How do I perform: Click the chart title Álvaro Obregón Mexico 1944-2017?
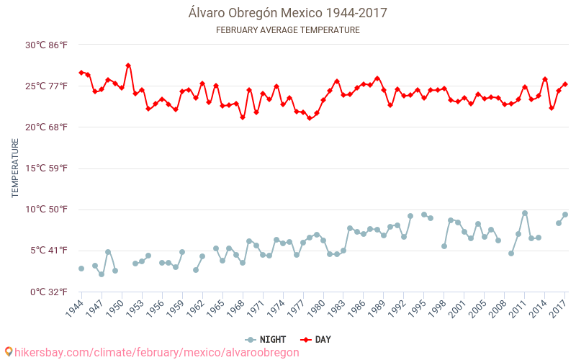click(288, 13)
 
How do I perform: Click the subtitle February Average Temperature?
click(288, 30)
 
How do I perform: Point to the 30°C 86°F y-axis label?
click(47, 45)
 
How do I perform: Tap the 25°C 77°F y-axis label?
click(47, 86)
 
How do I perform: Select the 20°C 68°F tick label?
click(47, 127)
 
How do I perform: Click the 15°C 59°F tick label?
click(47, 168)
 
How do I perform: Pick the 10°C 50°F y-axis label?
click(47, 210)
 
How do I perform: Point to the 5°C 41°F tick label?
click(49, 251)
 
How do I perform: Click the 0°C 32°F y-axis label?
click(49, 292)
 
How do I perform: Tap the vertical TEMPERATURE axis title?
click(15, 168)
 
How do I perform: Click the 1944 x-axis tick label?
click(74, 310)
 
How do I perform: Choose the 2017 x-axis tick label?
click(558, 310)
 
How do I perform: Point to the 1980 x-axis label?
click(316, 310)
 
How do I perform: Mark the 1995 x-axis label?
click(417, 310)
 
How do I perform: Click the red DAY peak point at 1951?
click(128, 66)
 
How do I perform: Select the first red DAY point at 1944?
click(81, 73)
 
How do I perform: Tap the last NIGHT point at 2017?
click(565, 215)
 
